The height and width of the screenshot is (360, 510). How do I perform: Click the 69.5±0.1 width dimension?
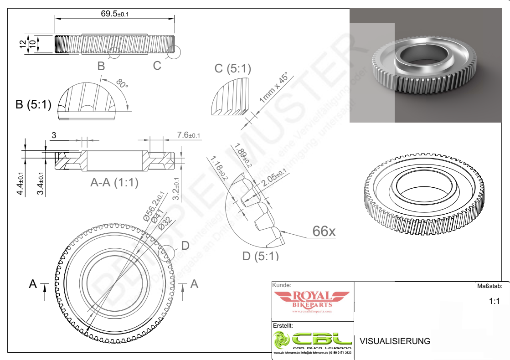click(x=114, y=14)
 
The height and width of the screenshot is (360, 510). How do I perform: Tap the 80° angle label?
click(x=122, y=84)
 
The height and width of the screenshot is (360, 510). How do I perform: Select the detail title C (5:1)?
click(x=233, y=68)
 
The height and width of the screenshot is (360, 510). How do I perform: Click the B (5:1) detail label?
click(x=33, y=104)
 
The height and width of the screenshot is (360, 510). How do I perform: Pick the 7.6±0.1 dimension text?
click(x=188, y=135)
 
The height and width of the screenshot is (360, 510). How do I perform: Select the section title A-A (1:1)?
click(x=114, y=183)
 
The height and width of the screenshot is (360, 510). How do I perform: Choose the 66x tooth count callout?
click(x=324, y=231)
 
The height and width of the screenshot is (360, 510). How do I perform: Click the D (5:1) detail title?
click(x=260, y=256)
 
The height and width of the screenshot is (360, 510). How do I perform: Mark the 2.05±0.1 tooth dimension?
click(x=274, y=177)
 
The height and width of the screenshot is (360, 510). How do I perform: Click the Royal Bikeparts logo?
click(x=312, y=301)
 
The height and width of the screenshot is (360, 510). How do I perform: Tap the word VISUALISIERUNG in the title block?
click(x=395, y=341)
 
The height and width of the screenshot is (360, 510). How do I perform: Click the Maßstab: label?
click(x=489, y=286)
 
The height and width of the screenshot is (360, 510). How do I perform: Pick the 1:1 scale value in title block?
click(x=495, y=301)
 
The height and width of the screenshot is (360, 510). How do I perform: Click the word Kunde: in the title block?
click(x=282, y=285)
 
